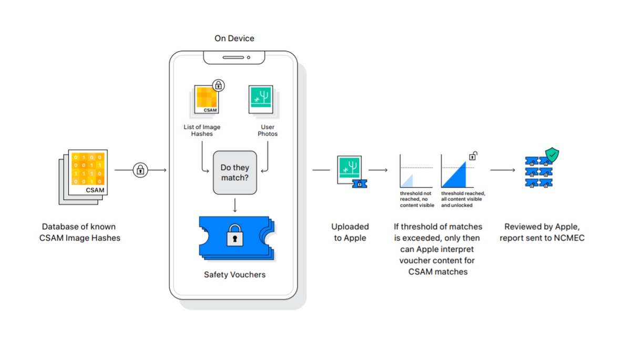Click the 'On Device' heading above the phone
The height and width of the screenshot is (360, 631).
[x=234, y=38]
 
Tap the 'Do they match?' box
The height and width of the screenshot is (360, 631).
[x=235, y=172]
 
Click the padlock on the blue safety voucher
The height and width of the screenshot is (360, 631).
[x=235, y=235]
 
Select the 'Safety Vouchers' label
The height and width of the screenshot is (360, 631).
[x=235, y=274]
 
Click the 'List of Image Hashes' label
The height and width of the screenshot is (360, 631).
[x=202, y=130]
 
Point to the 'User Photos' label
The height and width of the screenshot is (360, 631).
[x=267, y=130]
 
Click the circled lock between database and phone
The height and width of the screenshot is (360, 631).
[x=140, y=170]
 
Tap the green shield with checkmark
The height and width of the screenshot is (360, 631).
[x=552, y=155]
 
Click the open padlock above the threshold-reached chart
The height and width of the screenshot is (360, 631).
[x=473, y=156]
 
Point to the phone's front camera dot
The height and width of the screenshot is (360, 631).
[x=248, y=57]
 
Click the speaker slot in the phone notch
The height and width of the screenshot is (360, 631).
[x=233, y=57]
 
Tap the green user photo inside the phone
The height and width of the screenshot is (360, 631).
[x=261, y=99]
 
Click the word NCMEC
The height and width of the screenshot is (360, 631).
[x=569, y=238]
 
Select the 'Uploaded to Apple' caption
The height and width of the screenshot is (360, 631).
[x=350, y=232]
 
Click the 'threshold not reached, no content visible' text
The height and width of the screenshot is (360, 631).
[x=417, y=199]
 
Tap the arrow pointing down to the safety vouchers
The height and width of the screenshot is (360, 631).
[x=235, y=205]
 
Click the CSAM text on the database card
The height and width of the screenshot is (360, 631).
[x=95, y=190]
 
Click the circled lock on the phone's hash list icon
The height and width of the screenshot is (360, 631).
[x=218, y=86]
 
